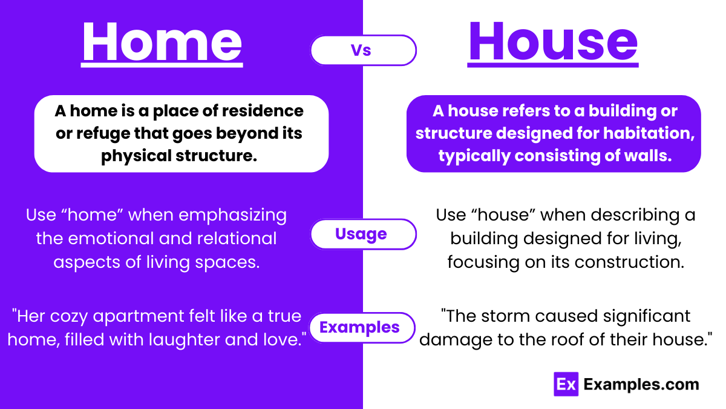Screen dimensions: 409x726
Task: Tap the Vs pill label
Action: point(361,50)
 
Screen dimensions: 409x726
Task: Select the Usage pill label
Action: point(361,234)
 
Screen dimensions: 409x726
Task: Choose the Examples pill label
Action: point(359,327)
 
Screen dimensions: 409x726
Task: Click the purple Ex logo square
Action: point(566,384)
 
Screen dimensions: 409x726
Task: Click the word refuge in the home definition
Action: point(107,133)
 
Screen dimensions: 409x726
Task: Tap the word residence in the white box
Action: point(267,111)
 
